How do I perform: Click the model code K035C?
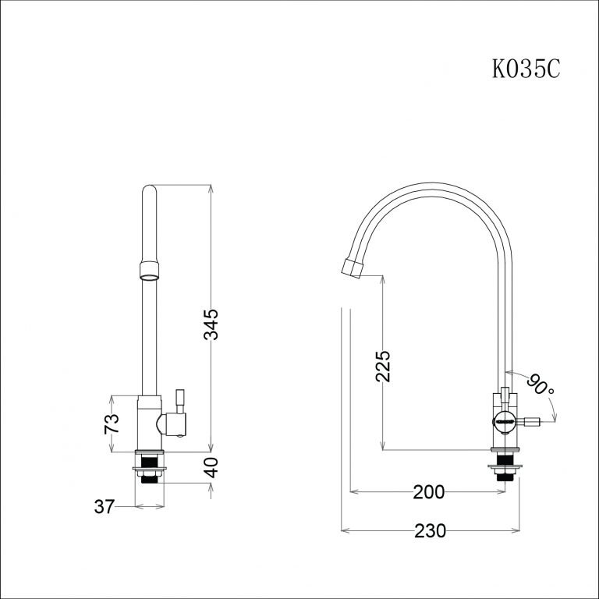526,69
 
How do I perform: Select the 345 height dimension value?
210,324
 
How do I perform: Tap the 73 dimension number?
112,424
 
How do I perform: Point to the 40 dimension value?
210,468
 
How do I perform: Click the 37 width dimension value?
105,507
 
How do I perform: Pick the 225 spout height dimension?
383,366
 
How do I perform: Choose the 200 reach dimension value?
428,492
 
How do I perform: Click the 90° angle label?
540,385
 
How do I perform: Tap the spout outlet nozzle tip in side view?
353,267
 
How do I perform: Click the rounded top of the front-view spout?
150,189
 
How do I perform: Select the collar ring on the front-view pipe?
150,271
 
